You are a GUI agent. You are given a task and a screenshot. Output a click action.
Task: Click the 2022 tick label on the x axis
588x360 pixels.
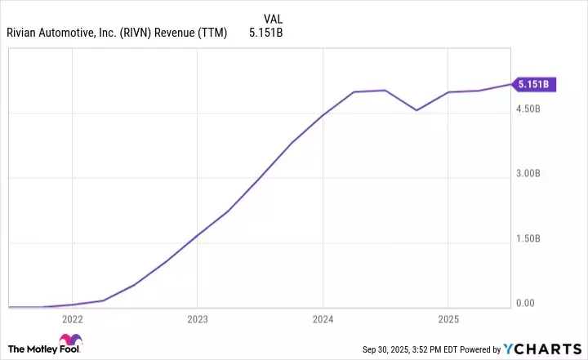[x=72, y=319]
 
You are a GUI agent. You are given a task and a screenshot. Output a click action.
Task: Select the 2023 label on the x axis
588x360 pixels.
[x=197, y=319]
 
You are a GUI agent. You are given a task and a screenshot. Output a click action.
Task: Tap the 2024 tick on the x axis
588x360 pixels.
[x=323, y=319]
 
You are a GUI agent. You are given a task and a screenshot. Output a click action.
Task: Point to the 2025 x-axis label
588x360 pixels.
[x=448, y=319]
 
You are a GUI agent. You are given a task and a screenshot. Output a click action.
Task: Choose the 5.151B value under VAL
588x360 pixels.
[x=266, y=33]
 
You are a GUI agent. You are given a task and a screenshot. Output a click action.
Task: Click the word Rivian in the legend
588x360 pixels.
[x=24, y=33]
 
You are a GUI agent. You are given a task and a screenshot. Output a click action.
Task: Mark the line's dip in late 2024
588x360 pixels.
[x=416, y=110]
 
